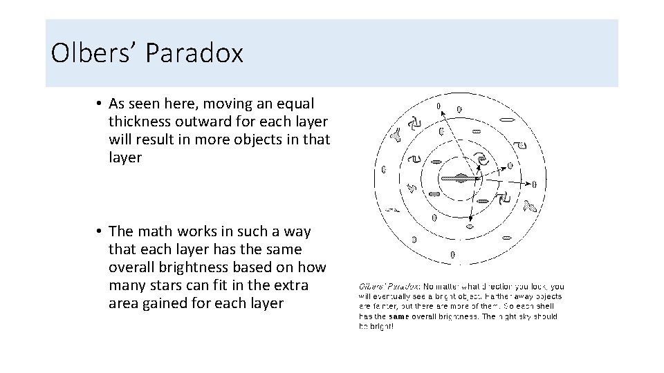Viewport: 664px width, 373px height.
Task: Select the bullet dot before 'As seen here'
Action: pyautogui.click(x=100, y=104)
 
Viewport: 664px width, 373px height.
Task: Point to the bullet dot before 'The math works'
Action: pyautogui.click(x=100, y=231)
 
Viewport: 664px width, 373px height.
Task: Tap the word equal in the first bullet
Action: pyautogui.click(x=295, y=104)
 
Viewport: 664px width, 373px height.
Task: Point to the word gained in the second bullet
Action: pyautogui.click(x=163, y=303)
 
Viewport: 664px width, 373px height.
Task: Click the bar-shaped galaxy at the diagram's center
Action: pyautogui.click(x=459, y=178)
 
